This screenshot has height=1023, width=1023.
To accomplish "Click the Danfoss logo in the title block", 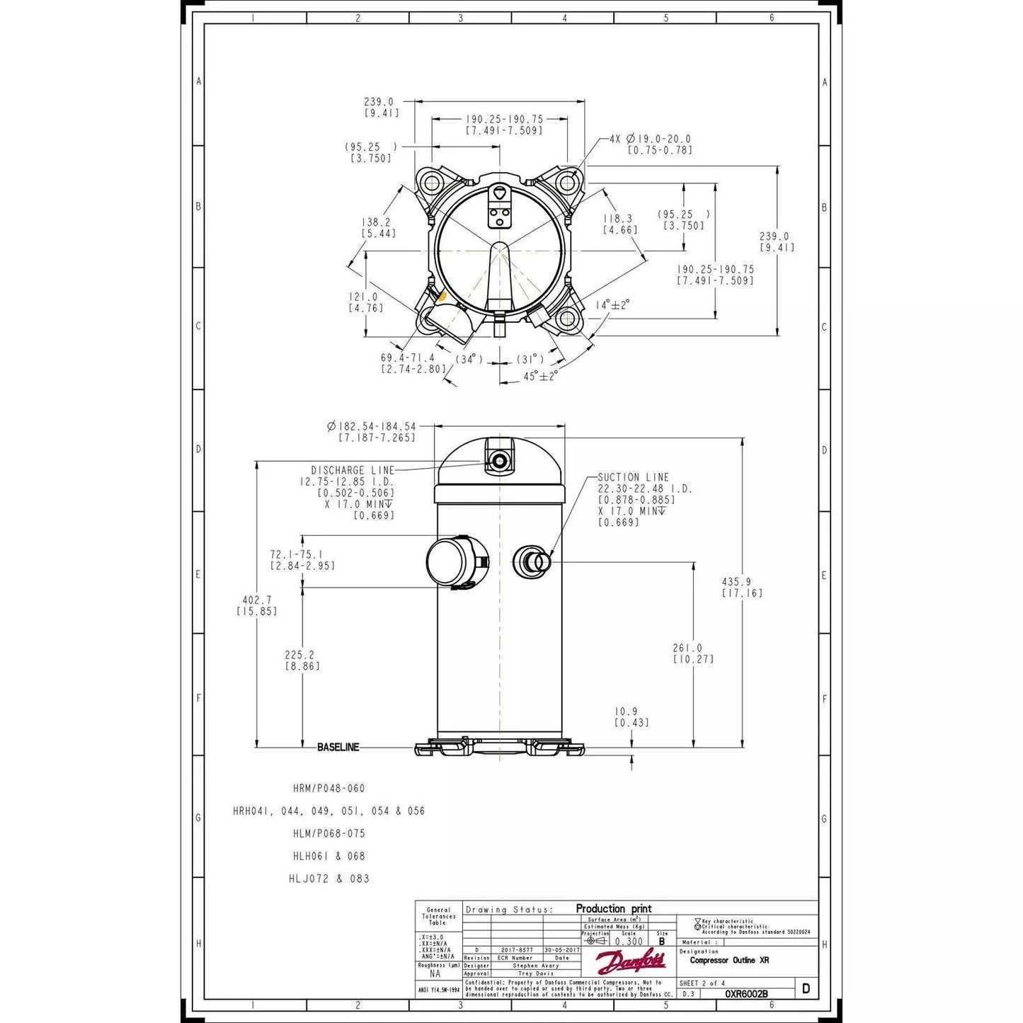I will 630,962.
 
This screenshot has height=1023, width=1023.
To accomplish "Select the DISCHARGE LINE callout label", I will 352,470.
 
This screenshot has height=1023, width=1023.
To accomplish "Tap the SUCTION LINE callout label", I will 633,477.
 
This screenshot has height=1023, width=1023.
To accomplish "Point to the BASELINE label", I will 338,747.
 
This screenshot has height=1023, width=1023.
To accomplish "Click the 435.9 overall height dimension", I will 736,581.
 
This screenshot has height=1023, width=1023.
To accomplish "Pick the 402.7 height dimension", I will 256,600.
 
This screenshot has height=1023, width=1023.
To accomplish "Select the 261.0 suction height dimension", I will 687,648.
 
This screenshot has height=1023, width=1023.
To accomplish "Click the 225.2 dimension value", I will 299,655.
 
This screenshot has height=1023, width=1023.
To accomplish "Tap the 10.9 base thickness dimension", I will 626,711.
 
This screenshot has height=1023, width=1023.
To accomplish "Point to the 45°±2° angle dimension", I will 540,376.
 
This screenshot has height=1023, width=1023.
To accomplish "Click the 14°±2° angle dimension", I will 612,304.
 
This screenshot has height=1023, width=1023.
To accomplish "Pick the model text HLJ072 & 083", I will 328,879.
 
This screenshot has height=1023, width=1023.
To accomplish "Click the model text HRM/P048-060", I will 328,788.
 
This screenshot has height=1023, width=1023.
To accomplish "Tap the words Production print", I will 613,908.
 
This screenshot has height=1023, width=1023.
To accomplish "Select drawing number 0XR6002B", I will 745,994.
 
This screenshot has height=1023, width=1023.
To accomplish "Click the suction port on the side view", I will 531,561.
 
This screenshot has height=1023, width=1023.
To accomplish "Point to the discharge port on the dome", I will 500,462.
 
